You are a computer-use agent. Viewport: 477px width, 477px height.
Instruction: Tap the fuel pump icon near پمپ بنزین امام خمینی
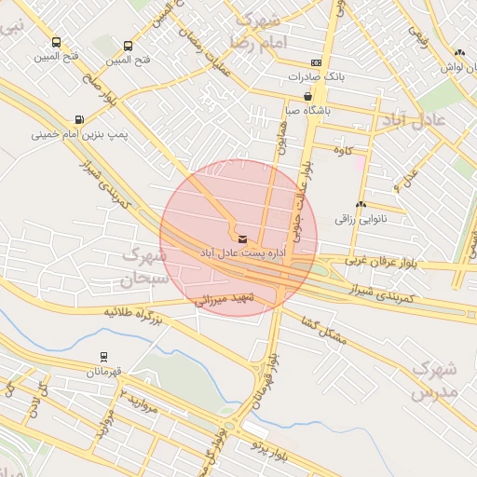coord(77,119)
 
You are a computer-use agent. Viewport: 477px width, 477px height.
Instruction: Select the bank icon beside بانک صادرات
coord(318,62)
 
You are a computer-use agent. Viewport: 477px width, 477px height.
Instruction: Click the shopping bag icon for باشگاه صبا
coord(308,95)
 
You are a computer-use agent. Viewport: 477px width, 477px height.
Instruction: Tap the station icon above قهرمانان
coord(102,356)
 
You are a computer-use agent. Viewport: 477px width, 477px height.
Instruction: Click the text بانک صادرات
coord(350,76)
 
